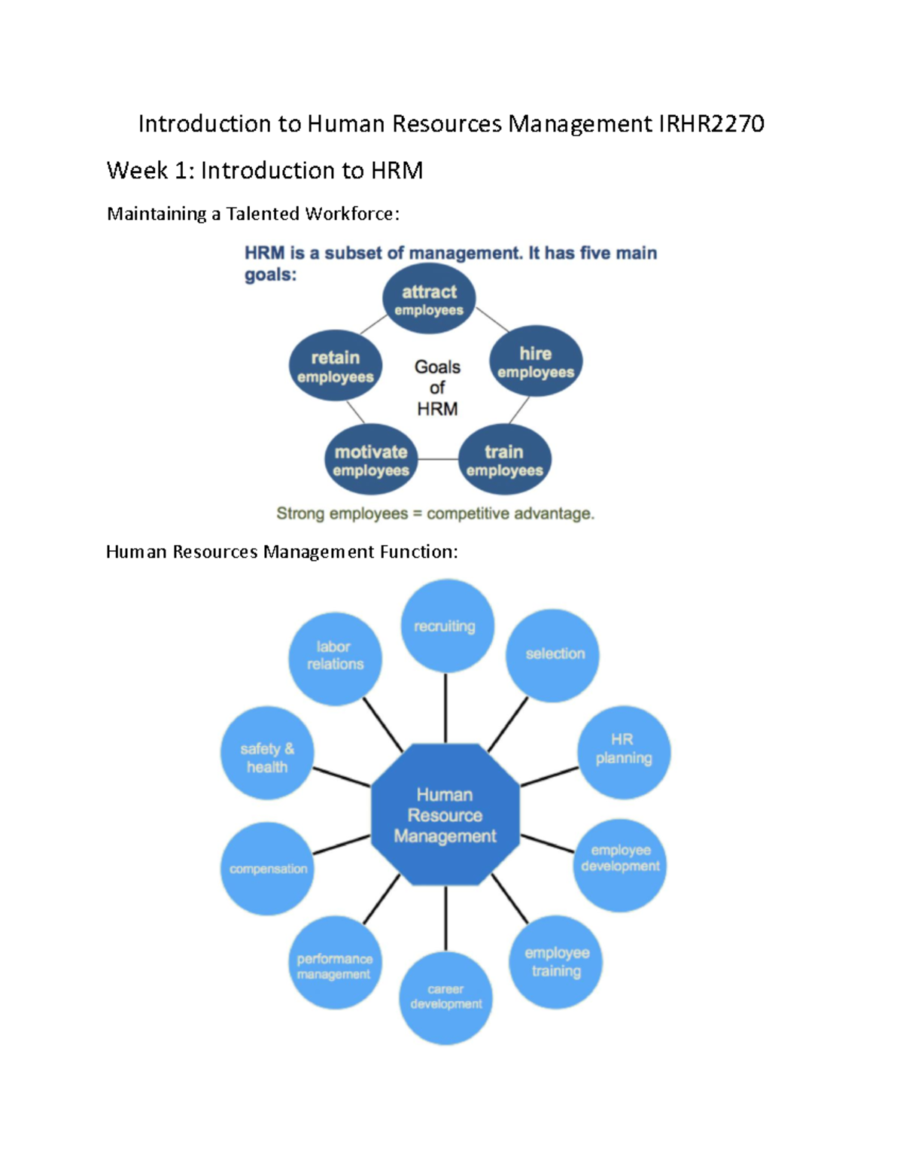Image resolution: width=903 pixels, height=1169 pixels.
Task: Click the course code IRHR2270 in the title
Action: click(711, 123)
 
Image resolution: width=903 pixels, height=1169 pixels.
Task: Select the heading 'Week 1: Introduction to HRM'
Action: click(264, 171)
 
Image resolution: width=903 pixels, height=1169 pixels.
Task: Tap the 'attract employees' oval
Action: click(429, 300)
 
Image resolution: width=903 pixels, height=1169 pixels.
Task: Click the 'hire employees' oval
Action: click(536, 362)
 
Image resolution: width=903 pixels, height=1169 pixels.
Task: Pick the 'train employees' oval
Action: click(504, 460)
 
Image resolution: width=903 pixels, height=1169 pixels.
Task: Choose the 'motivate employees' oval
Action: click(371, 460)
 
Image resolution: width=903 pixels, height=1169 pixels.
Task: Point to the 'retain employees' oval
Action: click(336, 366)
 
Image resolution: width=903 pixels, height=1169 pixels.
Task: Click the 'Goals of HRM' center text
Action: click(437, 388)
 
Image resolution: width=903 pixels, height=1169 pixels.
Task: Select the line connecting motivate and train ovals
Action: click(438, 459)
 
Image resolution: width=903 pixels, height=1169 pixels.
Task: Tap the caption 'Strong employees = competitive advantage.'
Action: click(435, 513)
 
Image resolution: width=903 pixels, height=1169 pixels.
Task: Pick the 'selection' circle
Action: click(553, 655)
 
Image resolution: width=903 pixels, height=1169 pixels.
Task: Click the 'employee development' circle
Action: click(620, 864)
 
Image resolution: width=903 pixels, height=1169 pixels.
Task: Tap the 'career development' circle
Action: click(445, 997)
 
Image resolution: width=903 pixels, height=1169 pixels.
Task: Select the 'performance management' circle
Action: click(336, 963)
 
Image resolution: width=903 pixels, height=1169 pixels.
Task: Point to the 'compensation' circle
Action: click(267, 869)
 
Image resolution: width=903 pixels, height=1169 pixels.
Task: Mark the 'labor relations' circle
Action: click(336, 658)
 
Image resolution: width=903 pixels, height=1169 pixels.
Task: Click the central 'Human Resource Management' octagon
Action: click(445, 814)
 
